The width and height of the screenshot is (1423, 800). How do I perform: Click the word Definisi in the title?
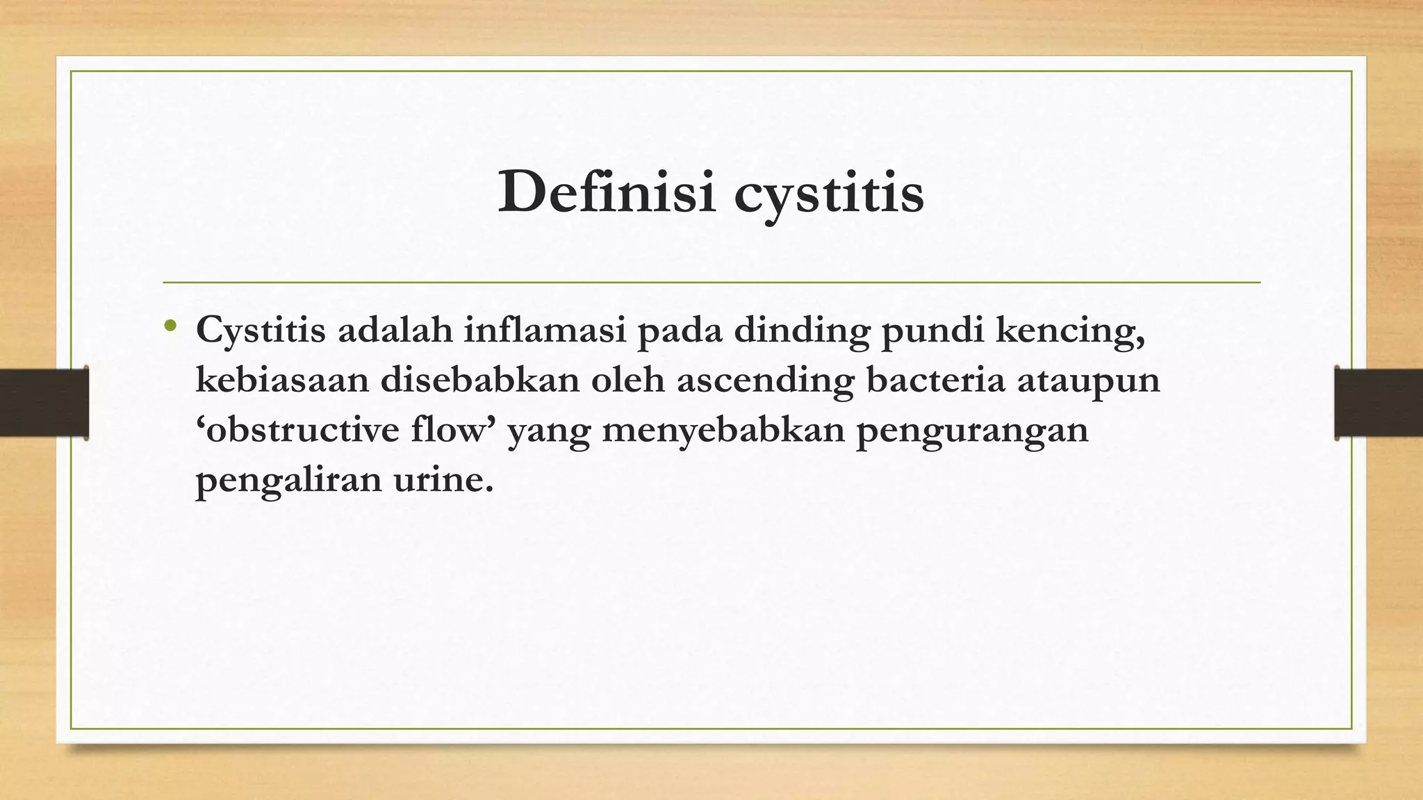[607, 192]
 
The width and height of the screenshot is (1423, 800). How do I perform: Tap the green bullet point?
[171, 325]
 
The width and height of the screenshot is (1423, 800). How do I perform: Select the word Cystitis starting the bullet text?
[261, 331]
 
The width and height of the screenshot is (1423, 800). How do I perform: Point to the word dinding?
[802, 331]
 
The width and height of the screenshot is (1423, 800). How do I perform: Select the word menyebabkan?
[723, 431]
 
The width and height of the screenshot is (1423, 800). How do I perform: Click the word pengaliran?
[288, 481]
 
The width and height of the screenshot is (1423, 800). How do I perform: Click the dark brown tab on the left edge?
[44, 403]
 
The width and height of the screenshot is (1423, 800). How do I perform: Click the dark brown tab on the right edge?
[1379, 403]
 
